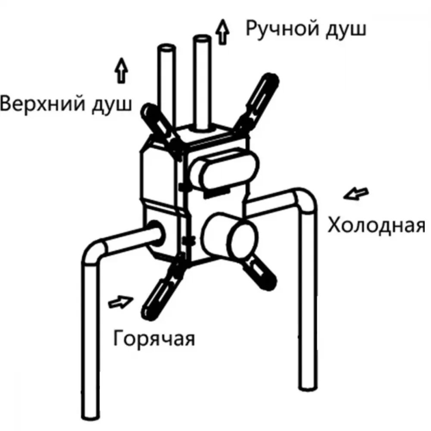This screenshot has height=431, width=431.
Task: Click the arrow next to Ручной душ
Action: click(223, 31)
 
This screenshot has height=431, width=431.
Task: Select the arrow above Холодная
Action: click(356, 194)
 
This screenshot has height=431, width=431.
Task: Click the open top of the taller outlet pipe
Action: click(202, 39)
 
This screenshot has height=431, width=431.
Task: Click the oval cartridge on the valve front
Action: click(225, 169)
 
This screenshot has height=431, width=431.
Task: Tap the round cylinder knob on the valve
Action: click(230, 236)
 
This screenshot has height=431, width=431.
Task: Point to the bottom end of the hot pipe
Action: click(91, 415)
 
